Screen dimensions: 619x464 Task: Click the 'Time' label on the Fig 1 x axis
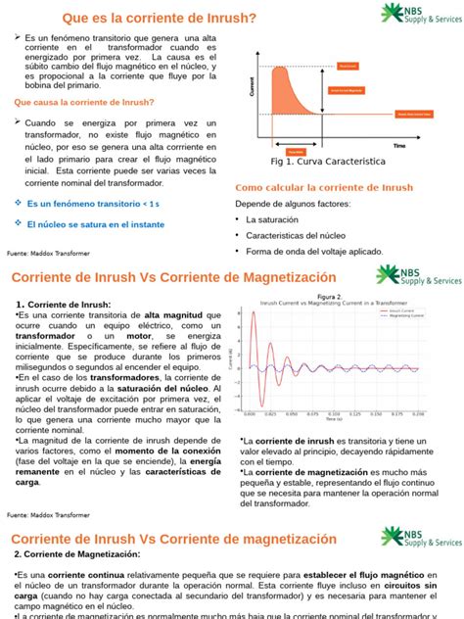[x=398, y=145]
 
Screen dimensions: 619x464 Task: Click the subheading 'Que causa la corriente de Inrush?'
[x=83, y=102]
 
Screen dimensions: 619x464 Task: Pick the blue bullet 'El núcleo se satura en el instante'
[x=95, y=224]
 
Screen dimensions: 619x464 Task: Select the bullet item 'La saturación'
[x=275, y=220]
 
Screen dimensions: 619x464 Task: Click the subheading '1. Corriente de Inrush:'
[x=65, y=304]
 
